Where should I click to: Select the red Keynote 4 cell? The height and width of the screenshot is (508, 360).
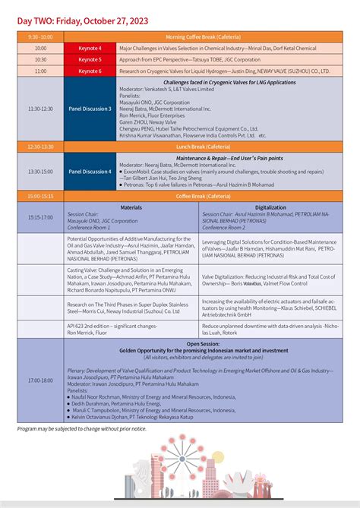(90, 48)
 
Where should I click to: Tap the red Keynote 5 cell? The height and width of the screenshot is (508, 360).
(90, 59)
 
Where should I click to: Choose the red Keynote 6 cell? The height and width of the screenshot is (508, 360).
(90, 71)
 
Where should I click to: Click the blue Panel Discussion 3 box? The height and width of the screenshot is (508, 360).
(90, 109)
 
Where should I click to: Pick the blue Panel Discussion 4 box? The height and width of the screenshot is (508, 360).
(90, 172)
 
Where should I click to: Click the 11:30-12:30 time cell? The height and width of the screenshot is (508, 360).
(40, 109)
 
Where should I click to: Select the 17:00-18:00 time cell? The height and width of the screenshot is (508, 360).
(40, 380)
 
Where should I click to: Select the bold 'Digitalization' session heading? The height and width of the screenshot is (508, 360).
(270, 207)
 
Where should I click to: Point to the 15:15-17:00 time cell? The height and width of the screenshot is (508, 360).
(40, 217)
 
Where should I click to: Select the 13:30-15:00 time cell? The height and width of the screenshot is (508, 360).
(40, 172)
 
